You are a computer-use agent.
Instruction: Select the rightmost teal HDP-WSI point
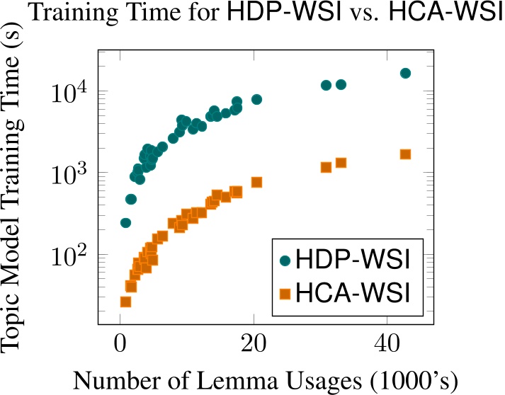[405, 73]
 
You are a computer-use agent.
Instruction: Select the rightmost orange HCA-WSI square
[405, 154]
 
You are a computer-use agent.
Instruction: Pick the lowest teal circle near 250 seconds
[125, 223]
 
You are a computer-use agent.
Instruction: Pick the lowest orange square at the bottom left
[125, 302]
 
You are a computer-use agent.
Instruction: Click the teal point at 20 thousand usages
[256, 99]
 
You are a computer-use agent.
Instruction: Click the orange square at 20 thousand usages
[256, 182]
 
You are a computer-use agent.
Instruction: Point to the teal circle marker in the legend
[285, 261]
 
